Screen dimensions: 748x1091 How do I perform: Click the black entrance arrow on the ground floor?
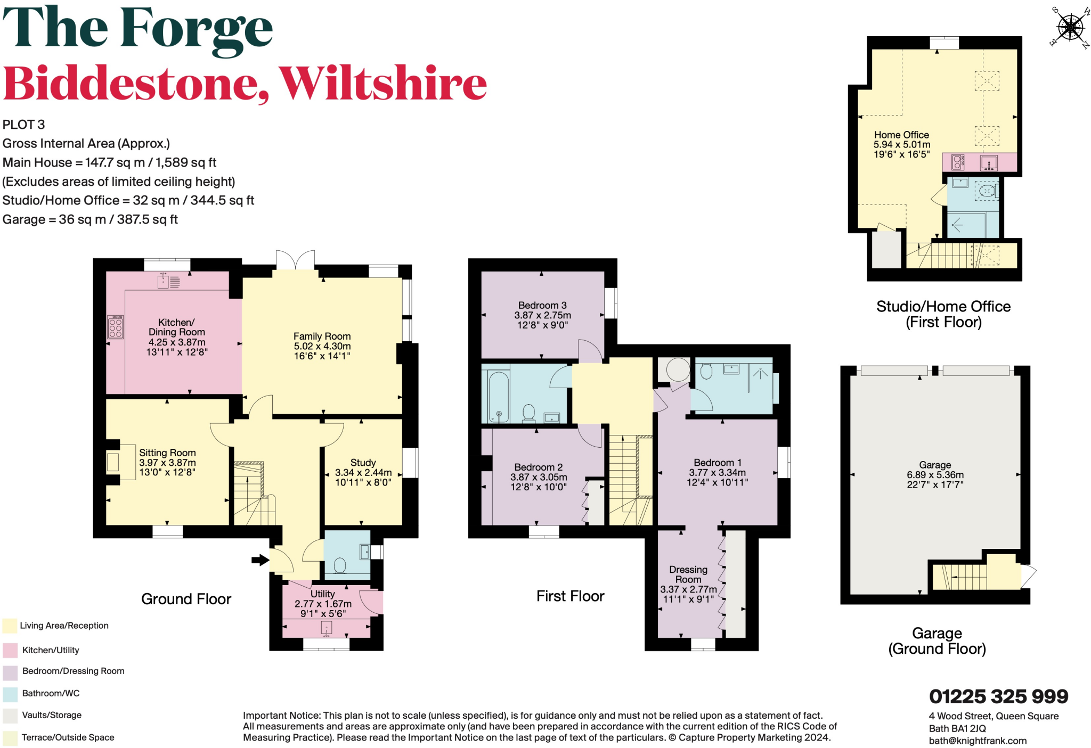tap(260, 560)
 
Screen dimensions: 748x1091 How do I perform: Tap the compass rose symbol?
tap(1070, 27)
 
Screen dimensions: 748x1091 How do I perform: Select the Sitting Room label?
tap(167, 453)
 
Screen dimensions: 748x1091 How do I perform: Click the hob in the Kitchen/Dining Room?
tap(116, 327)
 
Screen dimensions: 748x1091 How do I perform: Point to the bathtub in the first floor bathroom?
tap(499, 397)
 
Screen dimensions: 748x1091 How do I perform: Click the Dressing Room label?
tap(688, 574)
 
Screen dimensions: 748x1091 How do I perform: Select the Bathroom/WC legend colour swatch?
tap(10, 694)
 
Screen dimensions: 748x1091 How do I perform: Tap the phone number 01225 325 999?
tap(998, 696)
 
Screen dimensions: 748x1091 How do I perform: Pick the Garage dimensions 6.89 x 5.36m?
tap(935, 475)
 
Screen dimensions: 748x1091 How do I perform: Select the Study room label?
tap(363, 463)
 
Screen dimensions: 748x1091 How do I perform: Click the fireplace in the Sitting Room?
tap(113, 462)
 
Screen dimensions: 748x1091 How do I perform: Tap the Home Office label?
tap(901, 135)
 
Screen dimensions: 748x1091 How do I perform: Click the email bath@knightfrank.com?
tap(978, 741)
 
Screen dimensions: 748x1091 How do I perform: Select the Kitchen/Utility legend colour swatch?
tap(10, 650)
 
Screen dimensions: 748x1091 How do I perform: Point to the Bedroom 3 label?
tap(542, 305)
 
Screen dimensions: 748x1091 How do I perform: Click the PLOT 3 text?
tap(24, 125)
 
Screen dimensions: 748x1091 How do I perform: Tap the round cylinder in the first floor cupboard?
tap(678, 369)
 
